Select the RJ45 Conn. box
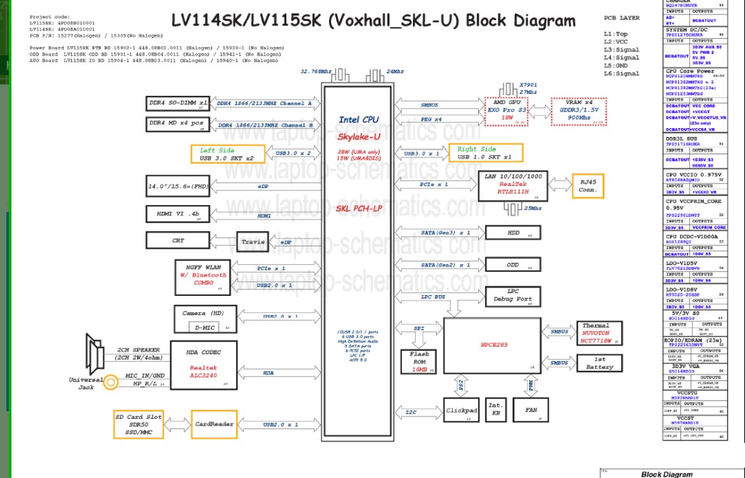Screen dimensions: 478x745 point(587,186)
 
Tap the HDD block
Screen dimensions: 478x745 point(513,233)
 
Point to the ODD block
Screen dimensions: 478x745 point(513,265)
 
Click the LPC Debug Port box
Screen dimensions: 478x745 point(513,296)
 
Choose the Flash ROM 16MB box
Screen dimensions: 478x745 point(419,361)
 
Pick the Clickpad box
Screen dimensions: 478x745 point(461,411)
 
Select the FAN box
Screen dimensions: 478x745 point(530,410)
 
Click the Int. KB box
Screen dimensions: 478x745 point(495,409)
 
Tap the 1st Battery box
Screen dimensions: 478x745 point(599,363)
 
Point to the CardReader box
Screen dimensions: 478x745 point(213,424)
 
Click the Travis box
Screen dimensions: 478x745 point(253,242)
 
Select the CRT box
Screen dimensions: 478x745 point(178,241)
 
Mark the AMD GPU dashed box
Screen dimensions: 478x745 point(507,110)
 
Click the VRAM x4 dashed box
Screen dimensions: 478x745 point(578,110)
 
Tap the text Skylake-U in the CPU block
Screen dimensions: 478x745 point(358,136)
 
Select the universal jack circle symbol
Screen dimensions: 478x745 point(111,382)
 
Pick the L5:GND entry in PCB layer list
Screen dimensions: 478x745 point(615,65)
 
